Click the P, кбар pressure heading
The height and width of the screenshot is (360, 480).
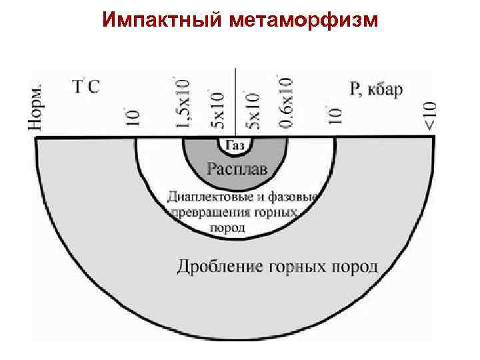point(376,88)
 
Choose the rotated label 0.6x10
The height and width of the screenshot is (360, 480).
point(285,101)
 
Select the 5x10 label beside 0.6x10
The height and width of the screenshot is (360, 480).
point(253,108)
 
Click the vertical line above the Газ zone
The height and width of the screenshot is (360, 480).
point(235,100)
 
